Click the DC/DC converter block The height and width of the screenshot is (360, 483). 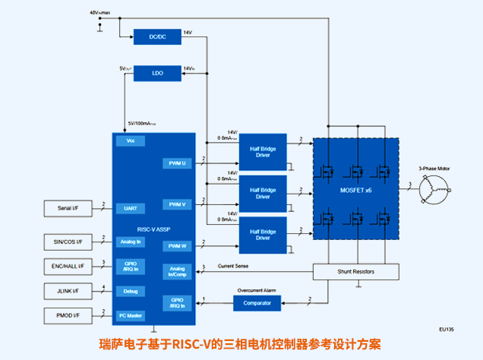(157, 36)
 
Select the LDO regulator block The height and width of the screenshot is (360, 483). (157, 74)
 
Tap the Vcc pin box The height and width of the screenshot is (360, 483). (130, 141)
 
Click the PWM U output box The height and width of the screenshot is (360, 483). (177, 163)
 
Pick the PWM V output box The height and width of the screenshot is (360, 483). (177, 204)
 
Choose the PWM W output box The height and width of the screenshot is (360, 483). (177, 245)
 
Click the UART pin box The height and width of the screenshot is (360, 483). (130, 207)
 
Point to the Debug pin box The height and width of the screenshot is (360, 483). (130, 291)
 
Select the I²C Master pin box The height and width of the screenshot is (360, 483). (130, 314)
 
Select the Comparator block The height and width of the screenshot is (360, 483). (257, 303)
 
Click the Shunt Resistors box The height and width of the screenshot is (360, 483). (355, 271)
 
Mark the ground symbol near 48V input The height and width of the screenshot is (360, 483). (100, 30)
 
